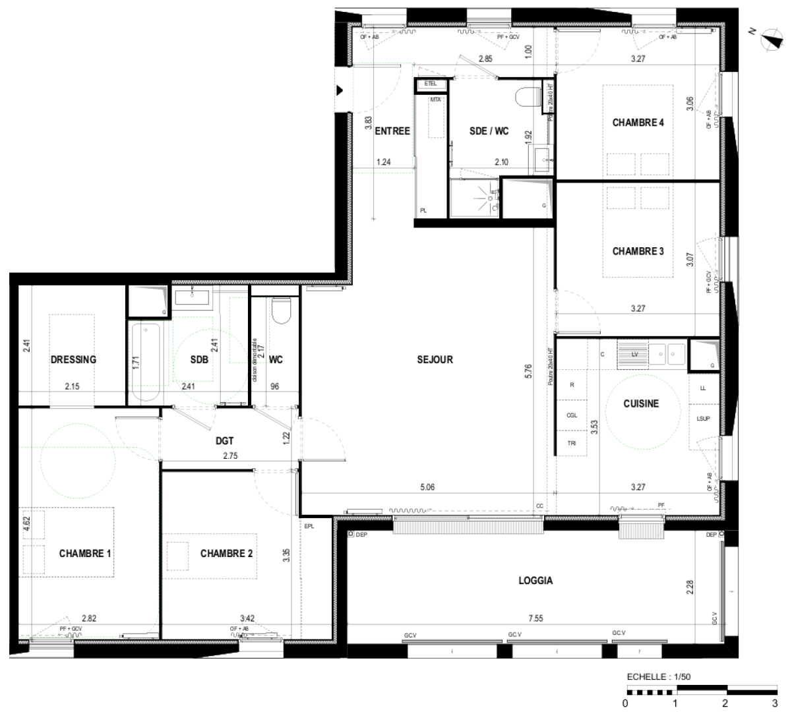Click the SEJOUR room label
tap(435, 359)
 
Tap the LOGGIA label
tap(535, 581)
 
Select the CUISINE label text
tap(641, 403)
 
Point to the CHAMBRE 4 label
tap(638, 123)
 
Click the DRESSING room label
tap(73, 359)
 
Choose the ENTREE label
tap(392, 131)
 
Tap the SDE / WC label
tap(489, 131)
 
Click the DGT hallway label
tap(225, 441)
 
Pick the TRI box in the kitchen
tap(572, 443)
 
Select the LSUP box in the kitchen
tap(703, 419)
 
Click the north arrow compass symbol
tap(769, 40)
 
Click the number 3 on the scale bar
tap(774, 703)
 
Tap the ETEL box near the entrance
tap(431, 84)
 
